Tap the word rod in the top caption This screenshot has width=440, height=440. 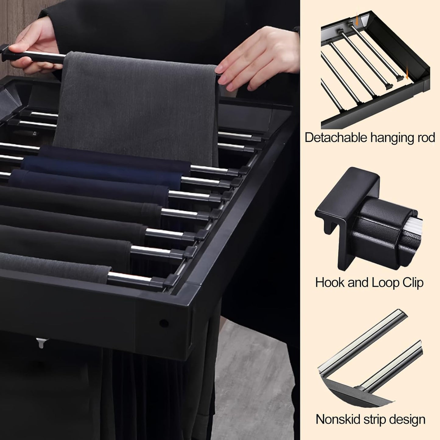426,138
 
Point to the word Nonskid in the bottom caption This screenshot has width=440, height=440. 338,420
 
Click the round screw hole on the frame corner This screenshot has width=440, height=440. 164,323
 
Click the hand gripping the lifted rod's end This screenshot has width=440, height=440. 34,47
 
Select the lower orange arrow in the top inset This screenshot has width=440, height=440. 407,75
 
